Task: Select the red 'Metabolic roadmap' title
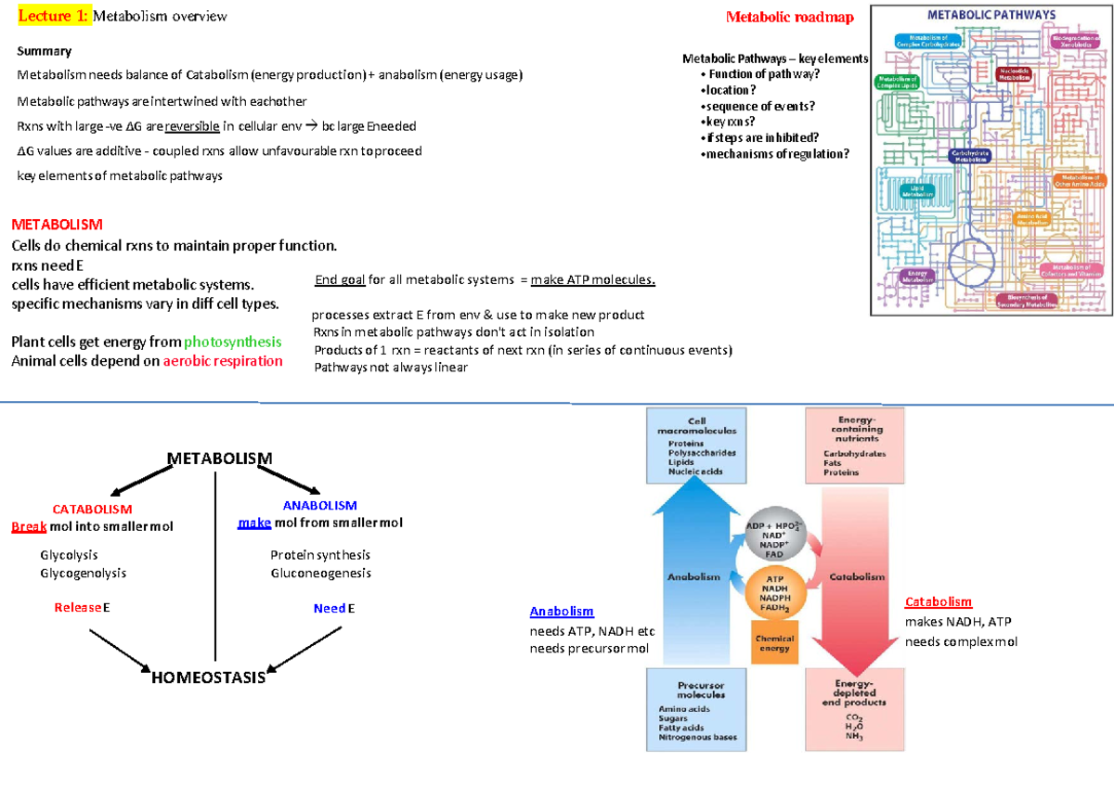790,17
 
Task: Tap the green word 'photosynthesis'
233,342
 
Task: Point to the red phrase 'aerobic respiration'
223,361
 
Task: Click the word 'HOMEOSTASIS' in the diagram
208,678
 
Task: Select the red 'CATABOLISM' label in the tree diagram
92,510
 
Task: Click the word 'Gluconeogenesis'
320,573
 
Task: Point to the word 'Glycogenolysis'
84,573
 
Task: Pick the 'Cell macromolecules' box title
696,427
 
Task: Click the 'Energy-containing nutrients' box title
853,430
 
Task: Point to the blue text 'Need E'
334,609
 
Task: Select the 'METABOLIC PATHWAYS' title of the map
991,15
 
